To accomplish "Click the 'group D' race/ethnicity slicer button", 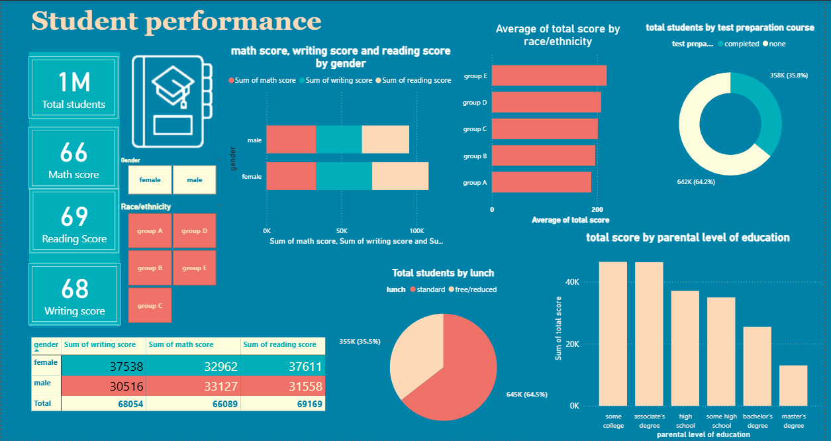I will pos(195,231).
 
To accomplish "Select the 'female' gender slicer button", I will pos(150,180).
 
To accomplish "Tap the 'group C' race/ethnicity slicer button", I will pos(150,306).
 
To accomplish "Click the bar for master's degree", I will pos(793,385).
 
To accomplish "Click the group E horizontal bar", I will pos(549,76).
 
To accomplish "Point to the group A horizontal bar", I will pos(541,182).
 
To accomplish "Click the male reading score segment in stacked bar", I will pos(385,140).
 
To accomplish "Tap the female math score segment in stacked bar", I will pos(291,177).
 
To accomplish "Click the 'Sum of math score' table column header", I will pos(181,345).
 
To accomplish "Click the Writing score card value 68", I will pos(74,289).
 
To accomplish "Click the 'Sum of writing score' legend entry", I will pos(338,81).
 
